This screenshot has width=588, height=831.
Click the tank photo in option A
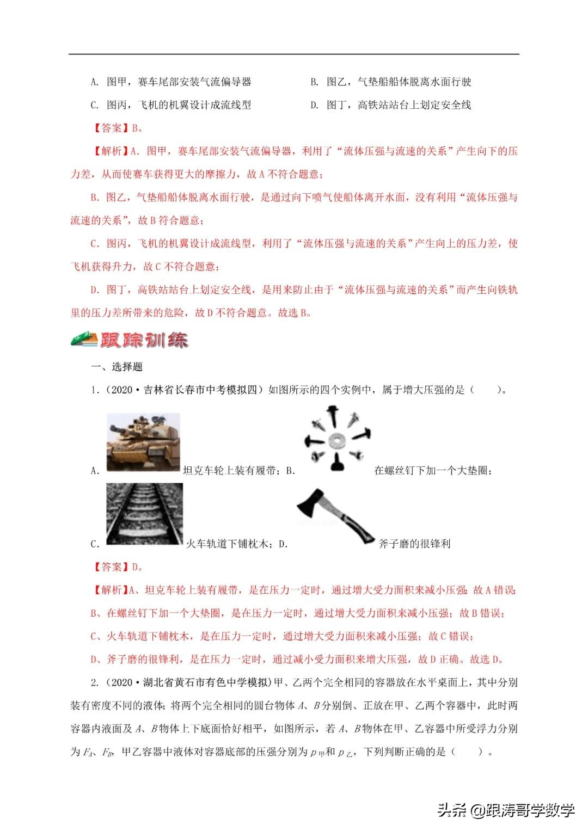[143, 441]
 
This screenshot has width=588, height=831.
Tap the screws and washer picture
[338, 439]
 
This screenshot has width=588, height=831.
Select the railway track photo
[144, 514]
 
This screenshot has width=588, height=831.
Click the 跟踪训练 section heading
[144, 340]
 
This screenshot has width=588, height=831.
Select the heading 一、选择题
[117, 367]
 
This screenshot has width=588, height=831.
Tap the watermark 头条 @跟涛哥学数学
[506, 810]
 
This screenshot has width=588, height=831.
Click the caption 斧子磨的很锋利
[414, 544]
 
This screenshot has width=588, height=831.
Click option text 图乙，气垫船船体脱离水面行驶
[399, 82]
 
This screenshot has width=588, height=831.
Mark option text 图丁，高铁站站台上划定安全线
[399, 105]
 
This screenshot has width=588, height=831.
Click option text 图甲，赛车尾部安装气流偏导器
[179, 82]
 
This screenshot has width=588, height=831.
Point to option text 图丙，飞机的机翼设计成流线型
[179, 105]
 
